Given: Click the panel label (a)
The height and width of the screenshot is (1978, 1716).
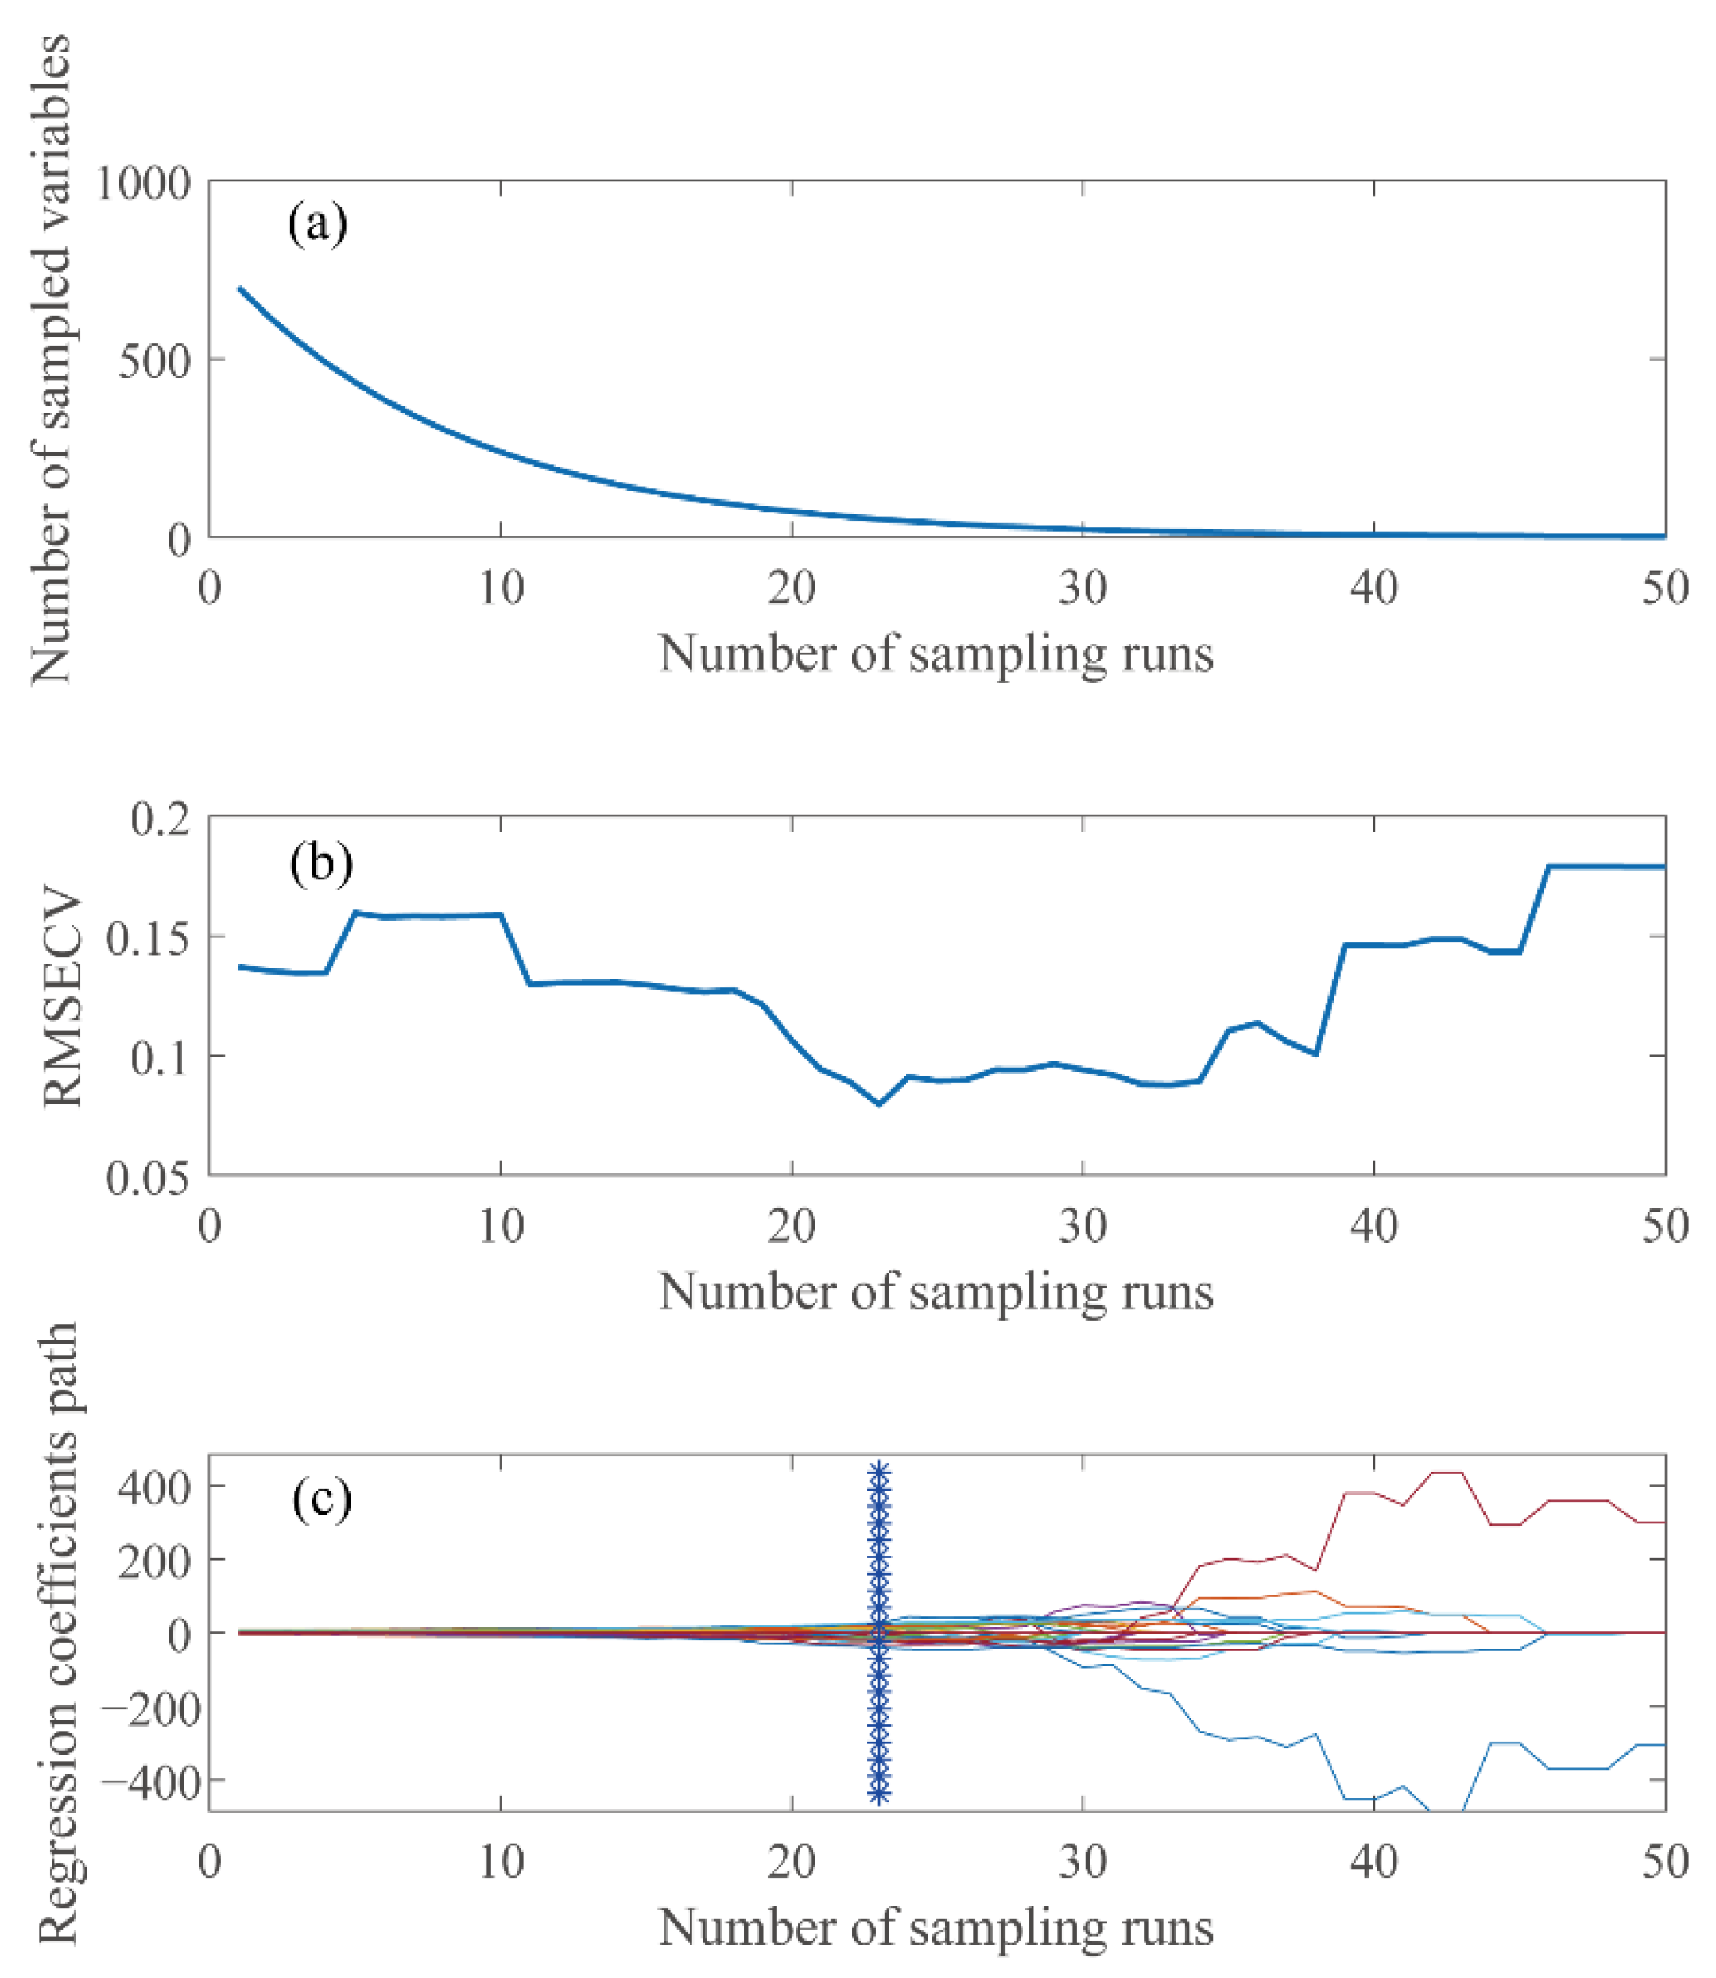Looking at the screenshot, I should coord(317,226).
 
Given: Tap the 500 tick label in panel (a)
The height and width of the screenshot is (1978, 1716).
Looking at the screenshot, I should coord(153,361).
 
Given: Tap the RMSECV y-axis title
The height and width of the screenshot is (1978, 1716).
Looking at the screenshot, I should coord(64,1001).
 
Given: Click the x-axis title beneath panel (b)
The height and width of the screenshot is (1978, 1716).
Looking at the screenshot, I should coord(935,1291).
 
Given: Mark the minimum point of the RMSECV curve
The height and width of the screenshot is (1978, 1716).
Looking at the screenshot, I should coord(879,1103).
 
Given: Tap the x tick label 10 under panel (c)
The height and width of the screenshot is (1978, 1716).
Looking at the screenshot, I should coord(501,1861).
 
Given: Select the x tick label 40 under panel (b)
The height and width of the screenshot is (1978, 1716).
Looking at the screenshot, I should coord(1373,1225).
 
